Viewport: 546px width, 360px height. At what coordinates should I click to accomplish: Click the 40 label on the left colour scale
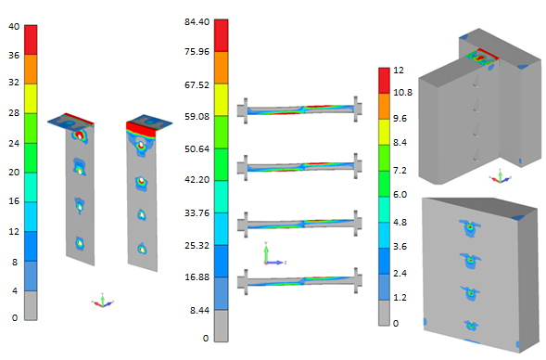coord(14,27)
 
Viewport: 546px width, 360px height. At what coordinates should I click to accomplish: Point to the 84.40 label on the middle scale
coord(197,21)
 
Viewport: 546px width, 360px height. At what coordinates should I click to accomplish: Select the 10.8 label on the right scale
coord(402,93)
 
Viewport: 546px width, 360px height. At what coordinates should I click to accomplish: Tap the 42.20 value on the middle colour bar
coord(197,179)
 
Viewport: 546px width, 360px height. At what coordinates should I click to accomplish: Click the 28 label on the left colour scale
coord(14,113)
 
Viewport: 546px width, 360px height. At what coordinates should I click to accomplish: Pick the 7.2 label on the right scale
coord(400,171)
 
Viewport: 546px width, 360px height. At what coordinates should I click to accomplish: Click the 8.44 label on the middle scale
coord(199,310)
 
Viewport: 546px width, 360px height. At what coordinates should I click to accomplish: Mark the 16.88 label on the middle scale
coord(197,277)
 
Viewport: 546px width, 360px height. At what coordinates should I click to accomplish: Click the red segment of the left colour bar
coord(31,40)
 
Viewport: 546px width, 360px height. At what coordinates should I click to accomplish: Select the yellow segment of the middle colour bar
coord(222,99)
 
